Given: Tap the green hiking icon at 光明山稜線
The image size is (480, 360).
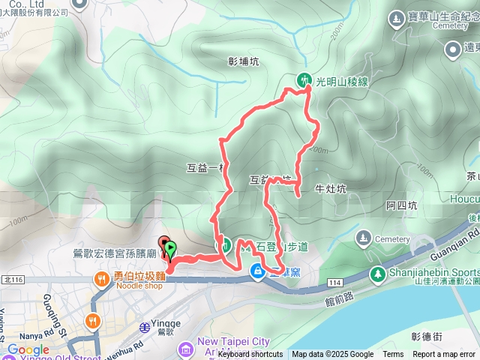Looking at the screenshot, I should coord(304,79).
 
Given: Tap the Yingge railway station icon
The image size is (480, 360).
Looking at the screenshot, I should coord(145,326).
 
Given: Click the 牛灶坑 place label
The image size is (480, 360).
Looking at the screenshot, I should coord(331,189).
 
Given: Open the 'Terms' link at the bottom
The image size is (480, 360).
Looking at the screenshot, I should coord(393,354).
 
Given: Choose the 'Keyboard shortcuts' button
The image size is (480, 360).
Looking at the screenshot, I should coord(250,354).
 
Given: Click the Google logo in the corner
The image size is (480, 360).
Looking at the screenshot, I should coord(28,349).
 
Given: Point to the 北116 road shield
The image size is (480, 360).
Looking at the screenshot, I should coord(13,280).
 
